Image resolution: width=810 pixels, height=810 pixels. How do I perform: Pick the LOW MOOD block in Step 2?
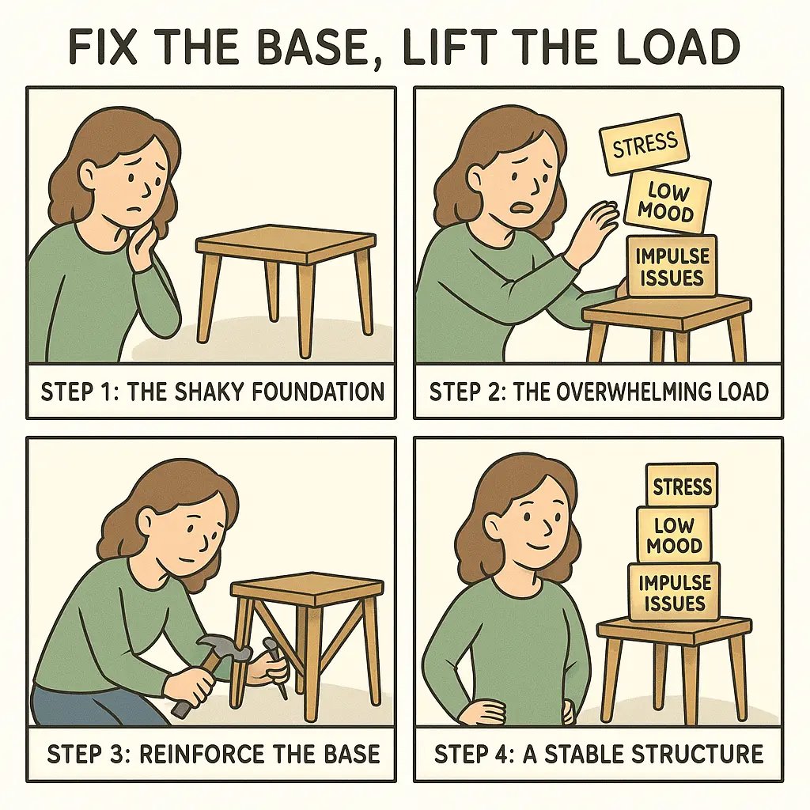click(x=668, y=202)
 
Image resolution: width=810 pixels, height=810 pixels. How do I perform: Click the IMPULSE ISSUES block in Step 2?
click(x=672, y=266)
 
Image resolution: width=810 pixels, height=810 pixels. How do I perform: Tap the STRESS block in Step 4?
click(x=682, y=485)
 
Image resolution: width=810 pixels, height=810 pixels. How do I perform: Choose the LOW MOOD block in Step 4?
click(x=673, y=535)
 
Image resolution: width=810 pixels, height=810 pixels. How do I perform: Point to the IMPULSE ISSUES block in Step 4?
click(x=674, y=592)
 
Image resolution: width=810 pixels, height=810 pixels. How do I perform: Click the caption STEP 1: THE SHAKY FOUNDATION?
click(x=211, y=391)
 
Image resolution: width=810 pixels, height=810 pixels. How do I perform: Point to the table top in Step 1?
click(x=286, y=240)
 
